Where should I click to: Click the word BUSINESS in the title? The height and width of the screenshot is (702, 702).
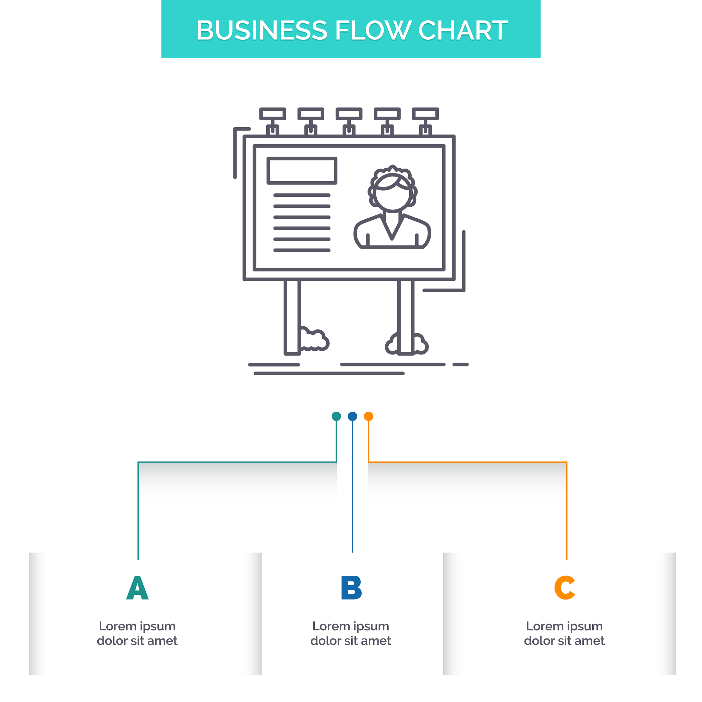point(262,30)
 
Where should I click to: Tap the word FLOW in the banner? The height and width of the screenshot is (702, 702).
point(373,30)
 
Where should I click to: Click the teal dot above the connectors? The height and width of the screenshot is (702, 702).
point(336,416)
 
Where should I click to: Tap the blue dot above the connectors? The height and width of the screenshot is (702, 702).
point(352,416)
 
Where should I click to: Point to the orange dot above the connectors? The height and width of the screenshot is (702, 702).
point(368,416)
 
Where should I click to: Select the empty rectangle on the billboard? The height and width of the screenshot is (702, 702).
point(302,171)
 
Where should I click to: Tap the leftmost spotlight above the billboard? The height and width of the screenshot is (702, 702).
point(273,114)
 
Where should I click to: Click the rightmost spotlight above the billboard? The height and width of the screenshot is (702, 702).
point(425,114)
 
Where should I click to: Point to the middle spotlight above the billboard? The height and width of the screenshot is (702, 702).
point(349,114)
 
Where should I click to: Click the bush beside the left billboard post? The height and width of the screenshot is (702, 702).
point(314,341)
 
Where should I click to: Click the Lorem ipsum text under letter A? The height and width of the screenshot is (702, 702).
point(137,633)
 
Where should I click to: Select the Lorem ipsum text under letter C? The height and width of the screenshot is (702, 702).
point(564,633)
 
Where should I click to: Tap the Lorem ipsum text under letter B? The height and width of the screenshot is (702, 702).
point(351,633)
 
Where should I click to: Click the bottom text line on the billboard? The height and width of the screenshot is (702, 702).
point(302,250)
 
